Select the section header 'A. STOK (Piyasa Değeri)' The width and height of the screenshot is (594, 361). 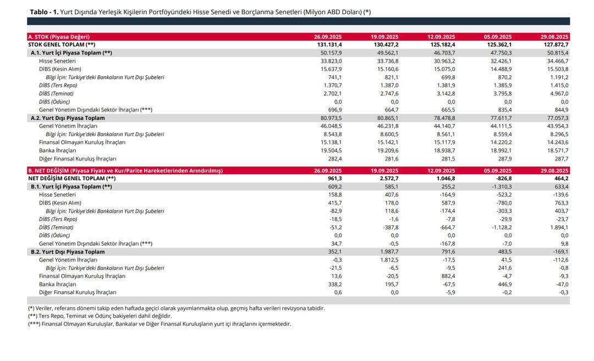pos(58,37)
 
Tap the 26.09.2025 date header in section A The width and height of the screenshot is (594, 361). pos(328,37)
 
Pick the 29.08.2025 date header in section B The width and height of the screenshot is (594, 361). pos(554,171)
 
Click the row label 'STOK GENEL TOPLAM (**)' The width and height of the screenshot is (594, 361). pos(62,45)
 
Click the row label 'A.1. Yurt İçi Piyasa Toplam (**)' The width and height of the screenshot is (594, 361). pos(71,53)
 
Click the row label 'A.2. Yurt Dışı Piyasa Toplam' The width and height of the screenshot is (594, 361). pos(68,118)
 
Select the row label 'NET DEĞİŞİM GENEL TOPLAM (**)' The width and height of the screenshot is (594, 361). pos(71,179)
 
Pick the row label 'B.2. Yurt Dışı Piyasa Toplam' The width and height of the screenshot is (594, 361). pos(68,252)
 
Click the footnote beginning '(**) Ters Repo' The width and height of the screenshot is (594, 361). pos(100,316)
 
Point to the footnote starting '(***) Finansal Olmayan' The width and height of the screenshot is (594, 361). pos(159,324)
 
